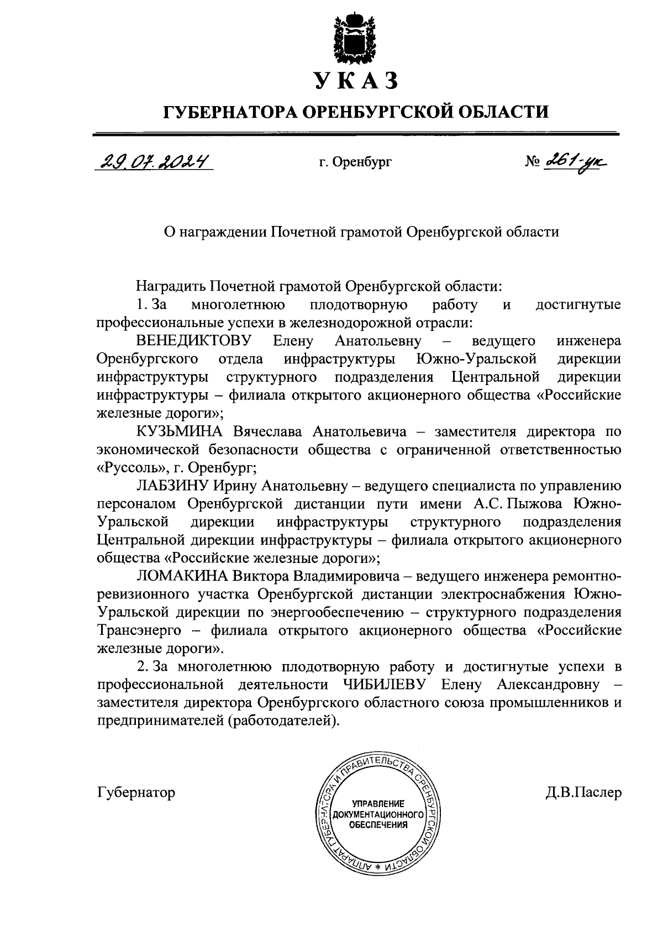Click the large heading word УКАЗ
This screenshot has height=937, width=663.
click(x=356, y=81)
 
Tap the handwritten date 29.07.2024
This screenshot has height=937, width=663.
click(x=154, y=161)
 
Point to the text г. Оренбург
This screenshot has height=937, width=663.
click(x=355, y=162)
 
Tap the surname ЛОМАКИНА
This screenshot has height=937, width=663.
click(x=181, y=577)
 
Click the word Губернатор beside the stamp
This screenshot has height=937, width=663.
click(x=136, y=793)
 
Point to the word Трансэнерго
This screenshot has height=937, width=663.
click(x=140, y=631)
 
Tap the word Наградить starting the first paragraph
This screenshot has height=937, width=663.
click(x=170, y=287)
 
